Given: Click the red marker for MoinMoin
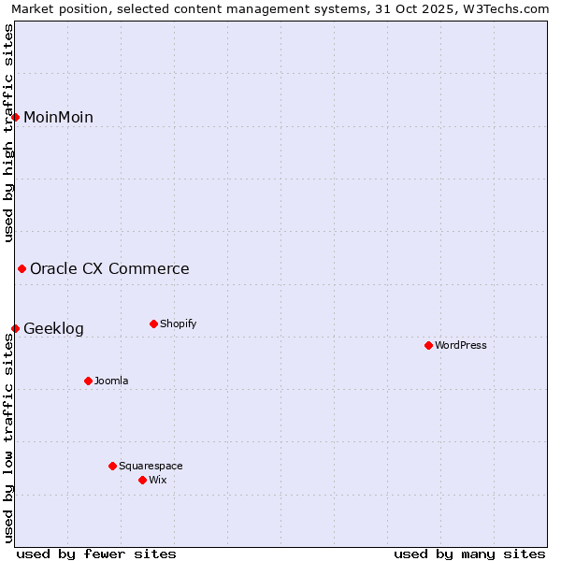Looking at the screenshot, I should pos(16,117).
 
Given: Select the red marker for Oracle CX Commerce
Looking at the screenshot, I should pos(22,269).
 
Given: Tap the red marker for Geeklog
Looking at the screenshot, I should pos(16,328).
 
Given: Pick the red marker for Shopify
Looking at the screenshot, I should pos(153,324).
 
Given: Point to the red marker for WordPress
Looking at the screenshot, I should pos(429,346).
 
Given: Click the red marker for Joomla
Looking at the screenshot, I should pos(89,381).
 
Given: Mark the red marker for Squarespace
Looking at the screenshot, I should pos(113,466).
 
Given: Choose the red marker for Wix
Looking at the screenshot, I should pos(143,480).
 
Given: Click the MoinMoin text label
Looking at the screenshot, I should pos(58,117).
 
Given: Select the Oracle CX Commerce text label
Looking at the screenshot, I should pos(109,269).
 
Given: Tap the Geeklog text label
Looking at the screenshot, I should pos(53,328).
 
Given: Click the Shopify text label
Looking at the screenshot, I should pos(178,324).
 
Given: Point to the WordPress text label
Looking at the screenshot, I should pos(461,346).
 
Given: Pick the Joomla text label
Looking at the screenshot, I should pos(111,381).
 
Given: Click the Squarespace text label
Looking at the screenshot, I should pos(151,466).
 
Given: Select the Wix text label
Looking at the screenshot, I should pos(157,480).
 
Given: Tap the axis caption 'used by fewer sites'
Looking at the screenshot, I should pos(96,554).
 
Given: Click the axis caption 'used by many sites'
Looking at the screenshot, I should pos(469,554).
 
